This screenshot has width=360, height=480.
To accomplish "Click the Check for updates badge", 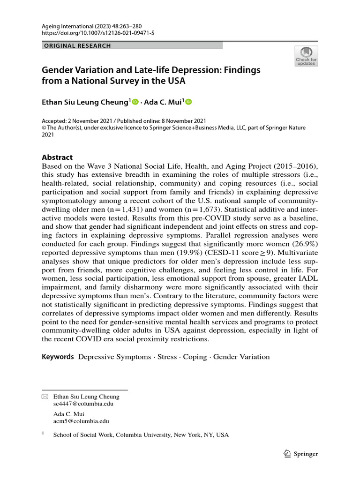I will pyautogui.click(x=306, y=56).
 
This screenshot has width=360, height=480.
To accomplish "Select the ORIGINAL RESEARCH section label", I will pyautogui.click(x=77, y=46).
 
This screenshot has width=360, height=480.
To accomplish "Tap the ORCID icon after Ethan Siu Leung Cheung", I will pyautogui.click(x=135, y=102).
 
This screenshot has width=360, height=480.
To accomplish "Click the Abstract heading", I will pyautogui.click(x=57, y=157).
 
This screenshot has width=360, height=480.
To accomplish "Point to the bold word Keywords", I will pyautogui.click(x=58, y=357).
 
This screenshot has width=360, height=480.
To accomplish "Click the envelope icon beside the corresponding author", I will pyautogui.click(x=45, y=397).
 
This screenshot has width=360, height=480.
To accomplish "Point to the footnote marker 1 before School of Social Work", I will pyautogui.click(x=43, y=434).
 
